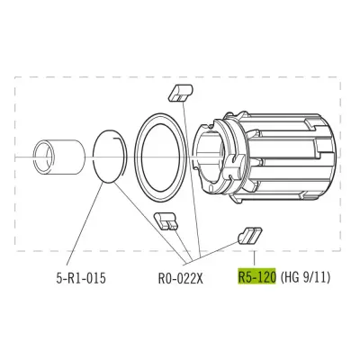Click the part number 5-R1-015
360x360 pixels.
click(81, 278)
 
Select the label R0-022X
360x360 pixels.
click(181, 278)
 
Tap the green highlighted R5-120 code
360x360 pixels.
click(257, 276)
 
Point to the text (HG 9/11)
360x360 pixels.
click(305, 277)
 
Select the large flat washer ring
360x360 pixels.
click(137, 156)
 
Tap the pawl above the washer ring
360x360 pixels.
click(180, 93)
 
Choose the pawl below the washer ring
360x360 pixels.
click(166, 221)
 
